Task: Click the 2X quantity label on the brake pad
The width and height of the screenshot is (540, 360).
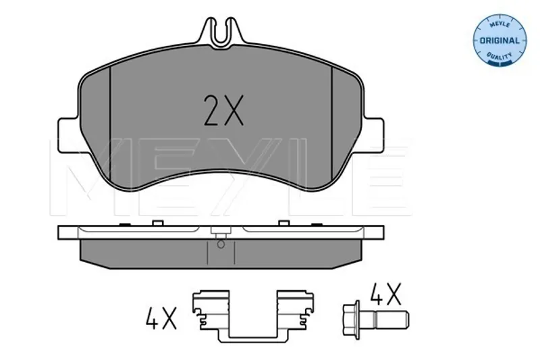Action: click(224, 110)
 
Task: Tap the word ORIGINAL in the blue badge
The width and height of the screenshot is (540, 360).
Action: click(500, 41)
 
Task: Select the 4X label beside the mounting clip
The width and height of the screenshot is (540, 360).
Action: click(161, 317)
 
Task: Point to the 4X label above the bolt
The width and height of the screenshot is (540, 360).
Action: click(385, 294)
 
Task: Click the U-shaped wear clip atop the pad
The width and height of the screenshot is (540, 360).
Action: click(222, 32)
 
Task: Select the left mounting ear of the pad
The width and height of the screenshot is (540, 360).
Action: click(68, 134)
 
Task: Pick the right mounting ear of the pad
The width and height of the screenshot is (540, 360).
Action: click(373, 134)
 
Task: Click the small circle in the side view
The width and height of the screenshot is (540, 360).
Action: click(221, 245)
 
